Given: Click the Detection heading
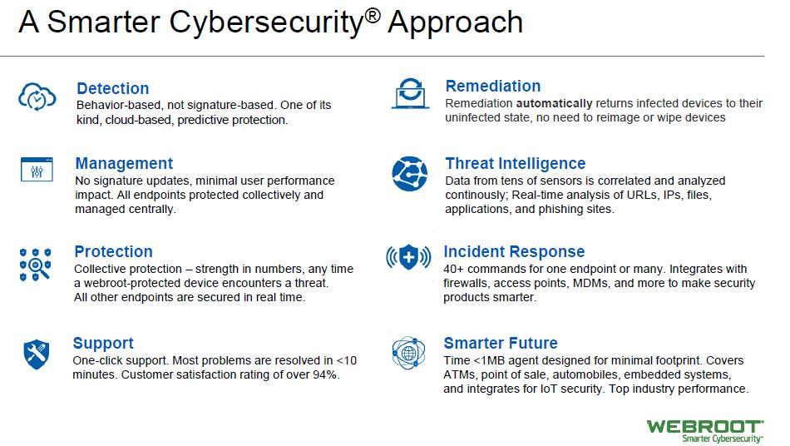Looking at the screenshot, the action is [x=112, y=89].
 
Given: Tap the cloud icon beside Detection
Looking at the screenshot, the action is [x=37, y=96].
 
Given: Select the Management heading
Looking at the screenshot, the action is [x=124, y=163].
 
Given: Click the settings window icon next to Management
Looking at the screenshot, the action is [x=37, y=169].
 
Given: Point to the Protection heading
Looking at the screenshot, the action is [x=113, y=251].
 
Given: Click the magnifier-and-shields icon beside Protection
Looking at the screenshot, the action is [x=35, y=264].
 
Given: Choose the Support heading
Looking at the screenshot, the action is [x=103, y=343].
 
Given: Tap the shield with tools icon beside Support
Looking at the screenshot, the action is [x=37, y=354].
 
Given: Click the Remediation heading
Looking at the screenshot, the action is [x=493, y=87].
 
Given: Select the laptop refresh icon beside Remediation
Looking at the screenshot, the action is [x=411, y=94].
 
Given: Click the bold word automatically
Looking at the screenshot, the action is [x=554, y=104].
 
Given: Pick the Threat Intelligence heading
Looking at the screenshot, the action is [x=516, y=163].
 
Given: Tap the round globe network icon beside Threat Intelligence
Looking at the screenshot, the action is [x=410, y=174].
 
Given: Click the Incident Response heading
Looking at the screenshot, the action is [x=514, y=251].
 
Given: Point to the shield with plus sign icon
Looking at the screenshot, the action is [x=408, y=257].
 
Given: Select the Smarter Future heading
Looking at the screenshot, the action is [x=501, y=343].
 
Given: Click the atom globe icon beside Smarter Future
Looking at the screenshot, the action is [x=408, y=353].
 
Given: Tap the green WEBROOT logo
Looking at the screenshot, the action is [x=705, y=431].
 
